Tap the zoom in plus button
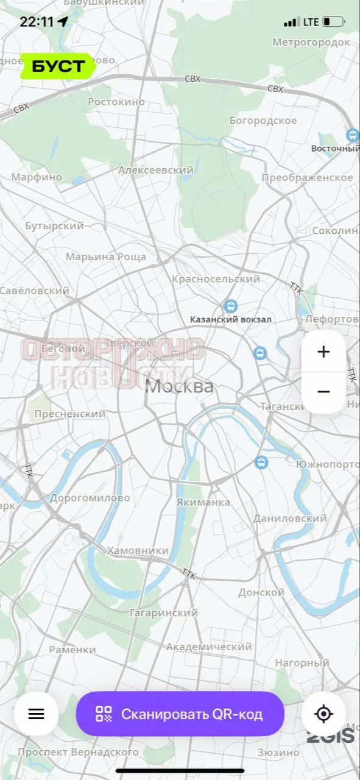[x=323, y=352]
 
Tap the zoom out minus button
[x=323, y=392]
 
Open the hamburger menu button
[x=37, y=714]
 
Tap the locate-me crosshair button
[x=323, y=714]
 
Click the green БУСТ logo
[x=58, y=66]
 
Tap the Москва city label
[x=180, y=386]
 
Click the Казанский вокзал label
[x=230, y=319]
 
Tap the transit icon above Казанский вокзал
[x=230, y=305]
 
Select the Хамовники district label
[x=138, y=550]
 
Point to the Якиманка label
[x=203, y=502]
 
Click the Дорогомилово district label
[x=90, y=498]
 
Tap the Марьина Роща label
[x=106, y=257]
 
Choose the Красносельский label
[x=216, y=279]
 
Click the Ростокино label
[x=116, y=102]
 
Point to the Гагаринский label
[x=163, y=612]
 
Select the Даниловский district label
[x=290, y=519]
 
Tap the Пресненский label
[x=70, y=414]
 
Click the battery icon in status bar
[x=333, y=22]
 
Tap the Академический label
[x=209, y=647]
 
